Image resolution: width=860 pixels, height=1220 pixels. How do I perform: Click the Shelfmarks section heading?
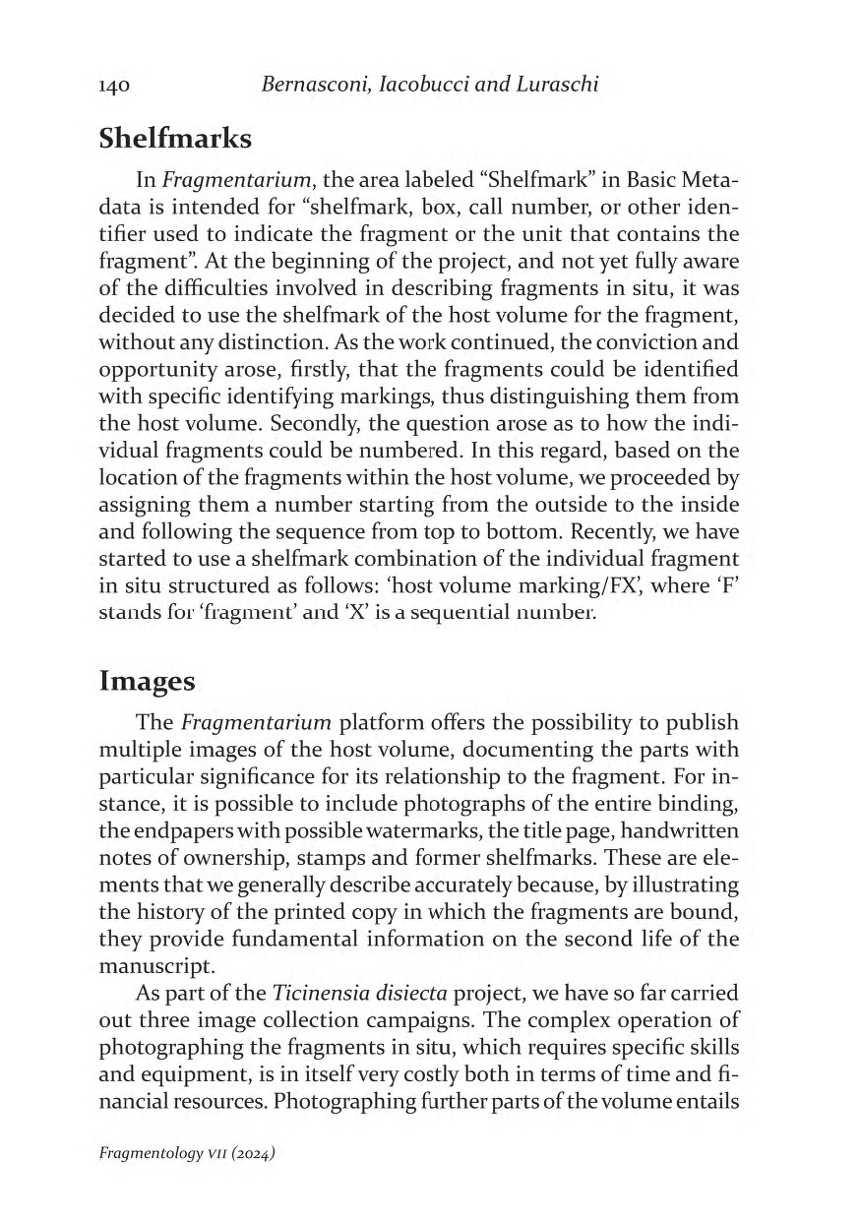(175, 139)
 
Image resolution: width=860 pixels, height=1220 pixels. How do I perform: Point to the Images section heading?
(147, 681)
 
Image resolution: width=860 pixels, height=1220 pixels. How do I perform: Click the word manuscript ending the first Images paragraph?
(151, 966)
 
